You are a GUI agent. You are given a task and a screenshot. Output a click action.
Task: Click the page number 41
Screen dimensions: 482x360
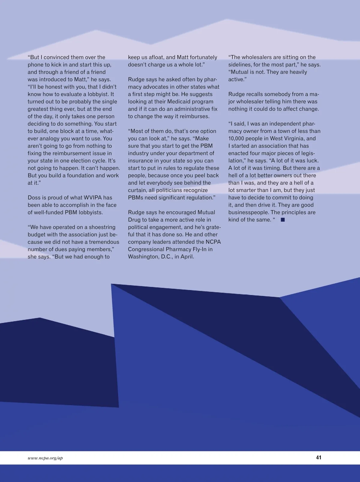pos(319,457)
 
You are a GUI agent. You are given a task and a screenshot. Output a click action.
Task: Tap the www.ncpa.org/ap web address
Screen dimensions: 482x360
pos(45,458)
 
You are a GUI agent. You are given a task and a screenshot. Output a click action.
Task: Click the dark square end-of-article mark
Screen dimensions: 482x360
pos(283,220)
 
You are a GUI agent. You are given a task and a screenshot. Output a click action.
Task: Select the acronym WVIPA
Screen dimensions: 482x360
pos(91,197)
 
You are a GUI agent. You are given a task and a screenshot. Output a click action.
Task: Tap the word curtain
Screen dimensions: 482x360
pos(137,190)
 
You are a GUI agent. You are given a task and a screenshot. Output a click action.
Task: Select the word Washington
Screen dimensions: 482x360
pos(142,257)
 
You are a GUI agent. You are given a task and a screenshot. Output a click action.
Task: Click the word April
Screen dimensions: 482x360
pos(187,257)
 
